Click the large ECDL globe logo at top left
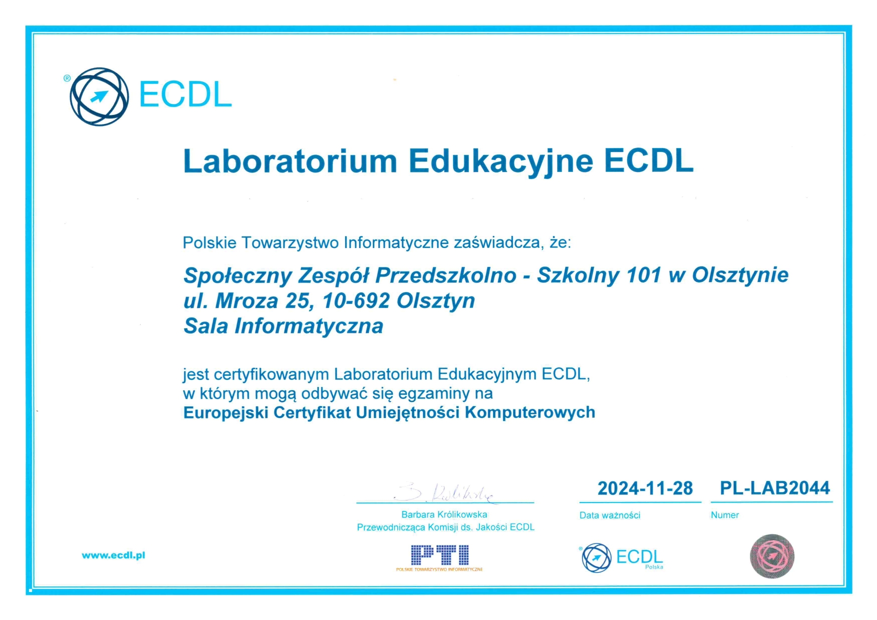99,96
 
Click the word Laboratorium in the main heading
290,161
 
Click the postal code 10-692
356,301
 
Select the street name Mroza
246,301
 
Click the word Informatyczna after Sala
309,326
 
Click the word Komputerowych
530,413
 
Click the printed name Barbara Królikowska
444,514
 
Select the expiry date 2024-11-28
645,488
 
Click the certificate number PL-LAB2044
774,488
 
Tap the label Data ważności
609,515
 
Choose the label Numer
724,515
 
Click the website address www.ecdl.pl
113,555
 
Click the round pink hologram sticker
772,556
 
